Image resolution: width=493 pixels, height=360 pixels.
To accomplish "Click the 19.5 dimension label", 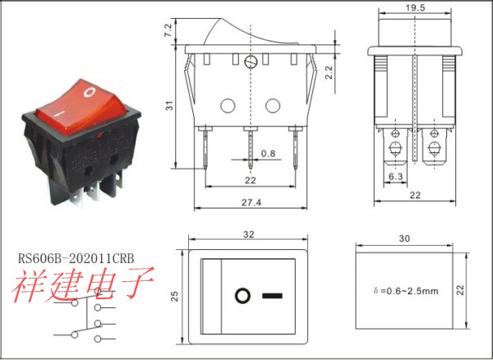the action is [x=415, y=7].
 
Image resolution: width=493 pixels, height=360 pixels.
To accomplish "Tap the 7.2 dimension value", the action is [x=168, y=30].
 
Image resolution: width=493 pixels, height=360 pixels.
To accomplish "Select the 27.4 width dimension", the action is [x=251, y=202].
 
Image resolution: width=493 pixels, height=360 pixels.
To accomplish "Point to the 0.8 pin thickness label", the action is [x=268, y=153].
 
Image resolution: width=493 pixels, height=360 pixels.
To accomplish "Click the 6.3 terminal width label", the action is [x=395, y=177].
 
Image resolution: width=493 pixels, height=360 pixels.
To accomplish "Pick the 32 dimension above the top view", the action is [x=248, y=234].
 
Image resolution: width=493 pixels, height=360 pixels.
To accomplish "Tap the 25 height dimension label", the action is [x=174, y=296].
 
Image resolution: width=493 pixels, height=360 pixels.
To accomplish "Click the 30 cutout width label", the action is [x=404, y=238].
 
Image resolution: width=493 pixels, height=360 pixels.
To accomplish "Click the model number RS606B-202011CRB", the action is [x=76, y=258].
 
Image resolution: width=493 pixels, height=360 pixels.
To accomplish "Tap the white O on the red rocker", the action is [x=90, y=92].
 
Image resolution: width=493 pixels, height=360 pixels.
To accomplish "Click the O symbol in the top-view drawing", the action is [x=242, y=296].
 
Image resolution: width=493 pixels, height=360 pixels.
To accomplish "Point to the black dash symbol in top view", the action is [x=272, y=296].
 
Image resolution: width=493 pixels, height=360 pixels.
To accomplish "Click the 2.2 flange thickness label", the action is [x=328, y=72].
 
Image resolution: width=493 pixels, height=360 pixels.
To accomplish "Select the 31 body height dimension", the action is [x=170, y=106].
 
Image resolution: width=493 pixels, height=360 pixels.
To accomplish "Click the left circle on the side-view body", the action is [x=228, y=106].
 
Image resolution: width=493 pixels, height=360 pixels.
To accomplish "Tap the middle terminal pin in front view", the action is [x=251, y=148].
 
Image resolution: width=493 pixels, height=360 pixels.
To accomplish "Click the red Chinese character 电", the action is [x=100, y=284].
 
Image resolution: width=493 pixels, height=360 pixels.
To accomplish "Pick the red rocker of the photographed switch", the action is [x=81, y=106].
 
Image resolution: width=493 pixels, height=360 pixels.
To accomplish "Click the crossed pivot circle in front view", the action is [x=251, y=62].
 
